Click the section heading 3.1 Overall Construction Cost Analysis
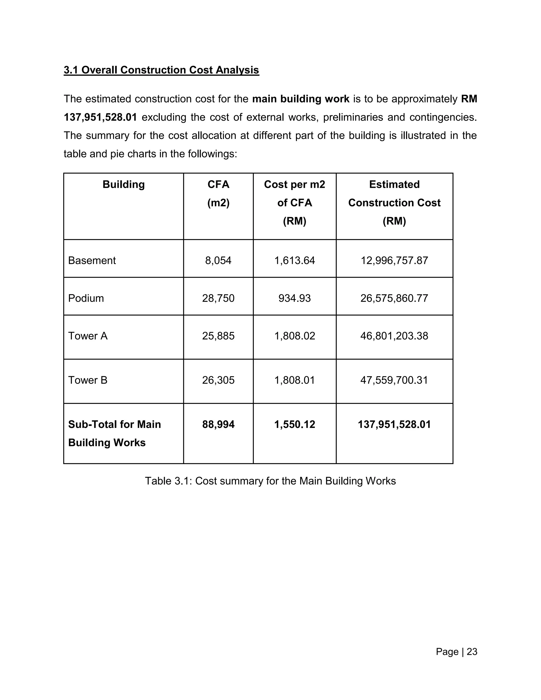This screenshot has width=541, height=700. (x=161, y=70)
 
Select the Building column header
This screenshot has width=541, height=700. (x=123, y=184)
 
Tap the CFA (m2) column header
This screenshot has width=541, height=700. (x=218, y=193)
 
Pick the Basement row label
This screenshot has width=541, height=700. (x=92, y=260)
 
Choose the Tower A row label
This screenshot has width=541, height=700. (x=87, y=336)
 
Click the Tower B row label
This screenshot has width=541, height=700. (x=87, y=380)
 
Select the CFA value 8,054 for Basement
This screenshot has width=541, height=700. (x=218, y=260)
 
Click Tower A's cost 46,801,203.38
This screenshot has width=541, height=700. (x=394, y=336)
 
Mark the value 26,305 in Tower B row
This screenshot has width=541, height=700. (x=218, y=380)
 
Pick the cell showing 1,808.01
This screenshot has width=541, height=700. (x=295, y=380)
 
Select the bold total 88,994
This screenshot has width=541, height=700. (x=218, y=424)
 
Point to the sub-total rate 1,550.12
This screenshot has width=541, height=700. (x=295, y=424)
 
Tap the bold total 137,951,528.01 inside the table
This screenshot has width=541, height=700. (x=394, y=424)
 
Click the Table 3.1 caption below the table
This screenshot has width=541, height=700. (x=270, y=481)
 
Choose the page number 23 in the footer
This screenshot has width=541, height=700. (x=472, y=652)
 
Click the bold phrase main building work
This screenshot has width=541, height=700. (x=301, y=99)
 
